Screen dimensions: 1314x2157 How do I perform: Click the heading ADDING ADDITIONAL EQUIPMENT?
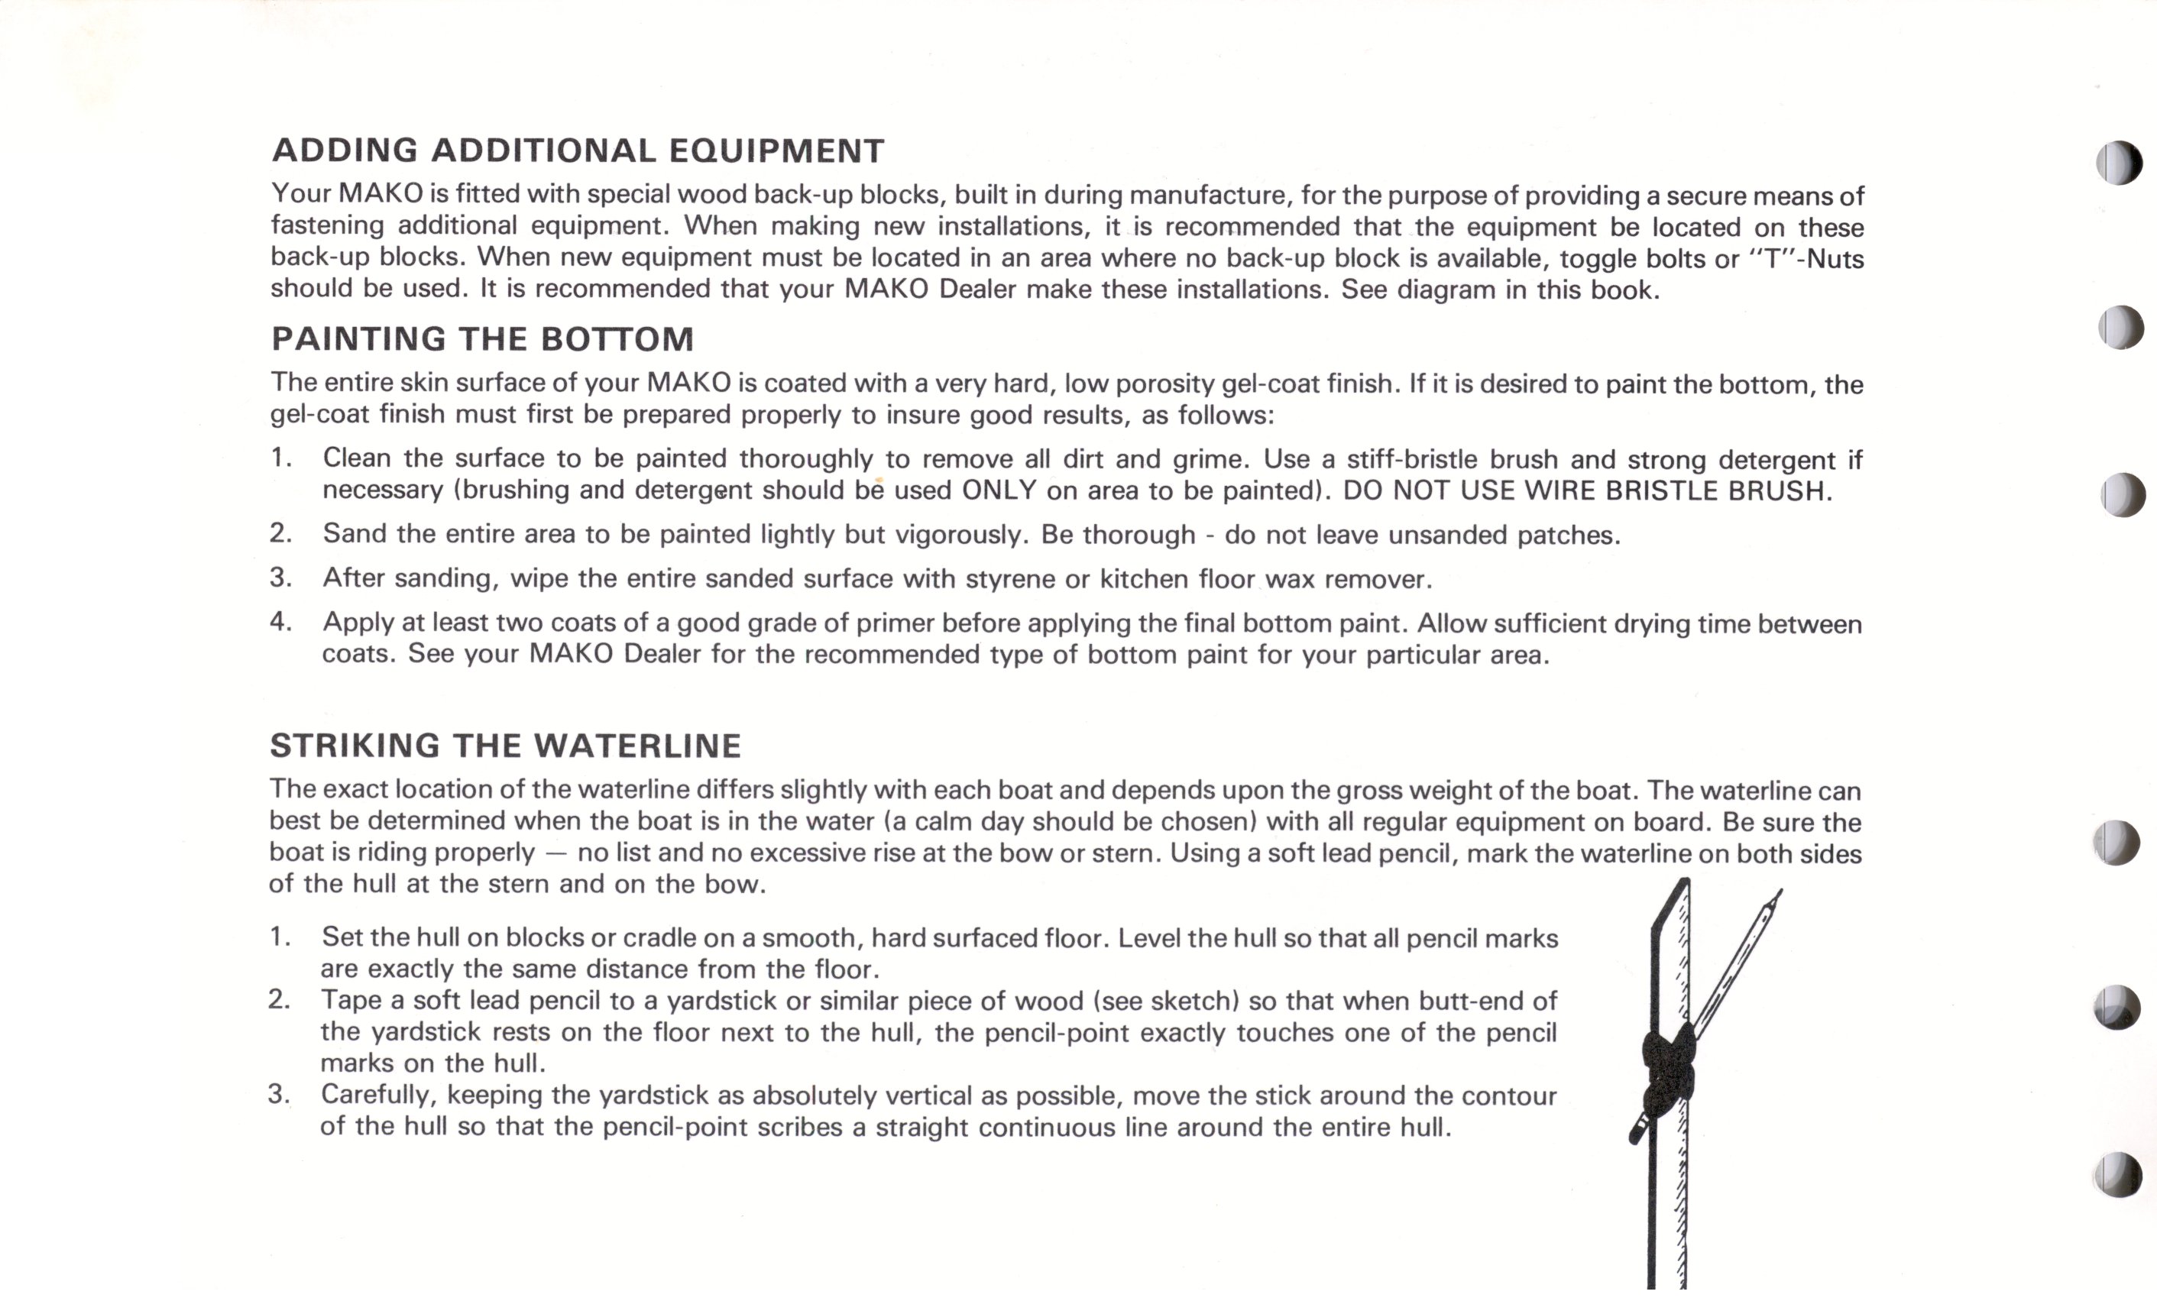(578, 150)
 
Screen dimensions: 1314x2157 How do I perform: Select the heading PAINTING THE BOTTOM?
(482, 338)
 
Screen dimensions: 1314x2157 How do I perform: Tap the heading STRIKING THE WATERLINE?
(505, 746)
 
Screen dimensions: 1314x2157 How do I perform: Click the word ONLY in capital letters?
(999, 490)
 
